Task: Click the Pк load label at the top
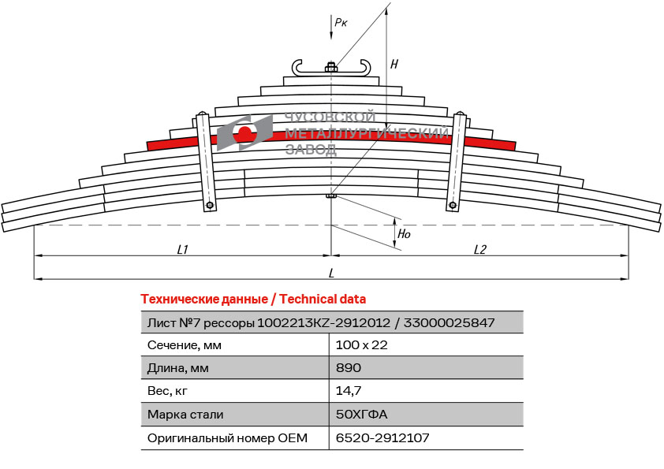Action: click(x=341, y=22)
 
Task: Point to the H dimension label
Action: click(x=394, y=65)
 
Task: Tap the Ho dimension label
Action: click(x=404, y=233)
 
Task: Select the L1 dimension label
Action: click(x=182, y=250)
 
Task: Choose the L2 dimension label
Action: click(x=479, y=250)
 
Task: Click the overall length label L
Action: click(x=331, y=273)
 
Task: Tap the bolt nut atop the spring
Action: click(x=331, y=67)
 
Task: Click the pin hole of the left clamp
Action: click(x=210, y=206)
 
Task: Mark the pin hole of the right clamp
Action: click(x=453, y=205)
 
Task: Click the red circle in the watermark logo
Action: click(x=245, y=132)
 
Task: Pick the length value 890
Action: click(x=349, y=367)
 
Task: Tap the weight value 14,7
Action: click(x=349, y=390)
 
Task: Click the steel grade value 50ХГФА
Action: click(x=362, y=414)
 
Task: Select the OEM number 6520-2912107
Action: click(x=382, y=437)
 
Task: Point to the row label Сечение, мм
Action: click(x=185, y=345)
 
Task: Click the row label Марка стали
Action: click(x=185, y=414)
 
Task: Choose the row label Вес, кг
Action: click(x=167, y=391)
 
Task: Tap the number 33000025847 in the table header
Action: click(x=449, y=323)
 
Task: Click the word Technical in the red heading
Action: click(x=308, y=300)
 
